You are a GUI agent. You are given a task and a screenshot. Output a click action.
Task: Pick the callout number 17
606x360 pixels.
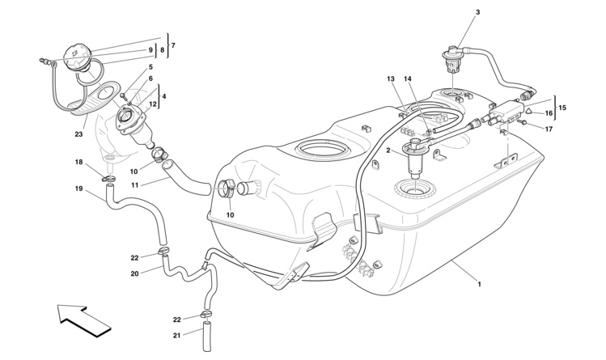click(548, 129)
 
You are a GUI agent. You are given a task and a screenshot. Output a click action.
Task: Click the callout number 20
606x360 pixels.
click(135, 273)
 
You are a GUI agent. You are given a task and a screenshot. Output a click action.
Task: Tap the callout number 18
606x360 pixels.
click(79, 162)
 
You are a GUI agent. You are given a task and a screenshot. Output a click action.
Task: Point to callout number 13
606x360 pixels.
click(390, 78)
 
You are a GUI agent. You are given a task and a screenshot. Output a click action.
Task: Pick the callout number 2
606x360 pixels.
click(388, 150)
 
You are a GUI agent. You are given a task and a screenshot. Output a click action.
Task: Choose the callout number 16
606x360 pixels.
click(548, 114)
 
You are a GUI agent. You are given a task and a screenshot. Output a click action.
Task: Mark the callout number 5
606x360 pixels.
click(150, 68)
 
